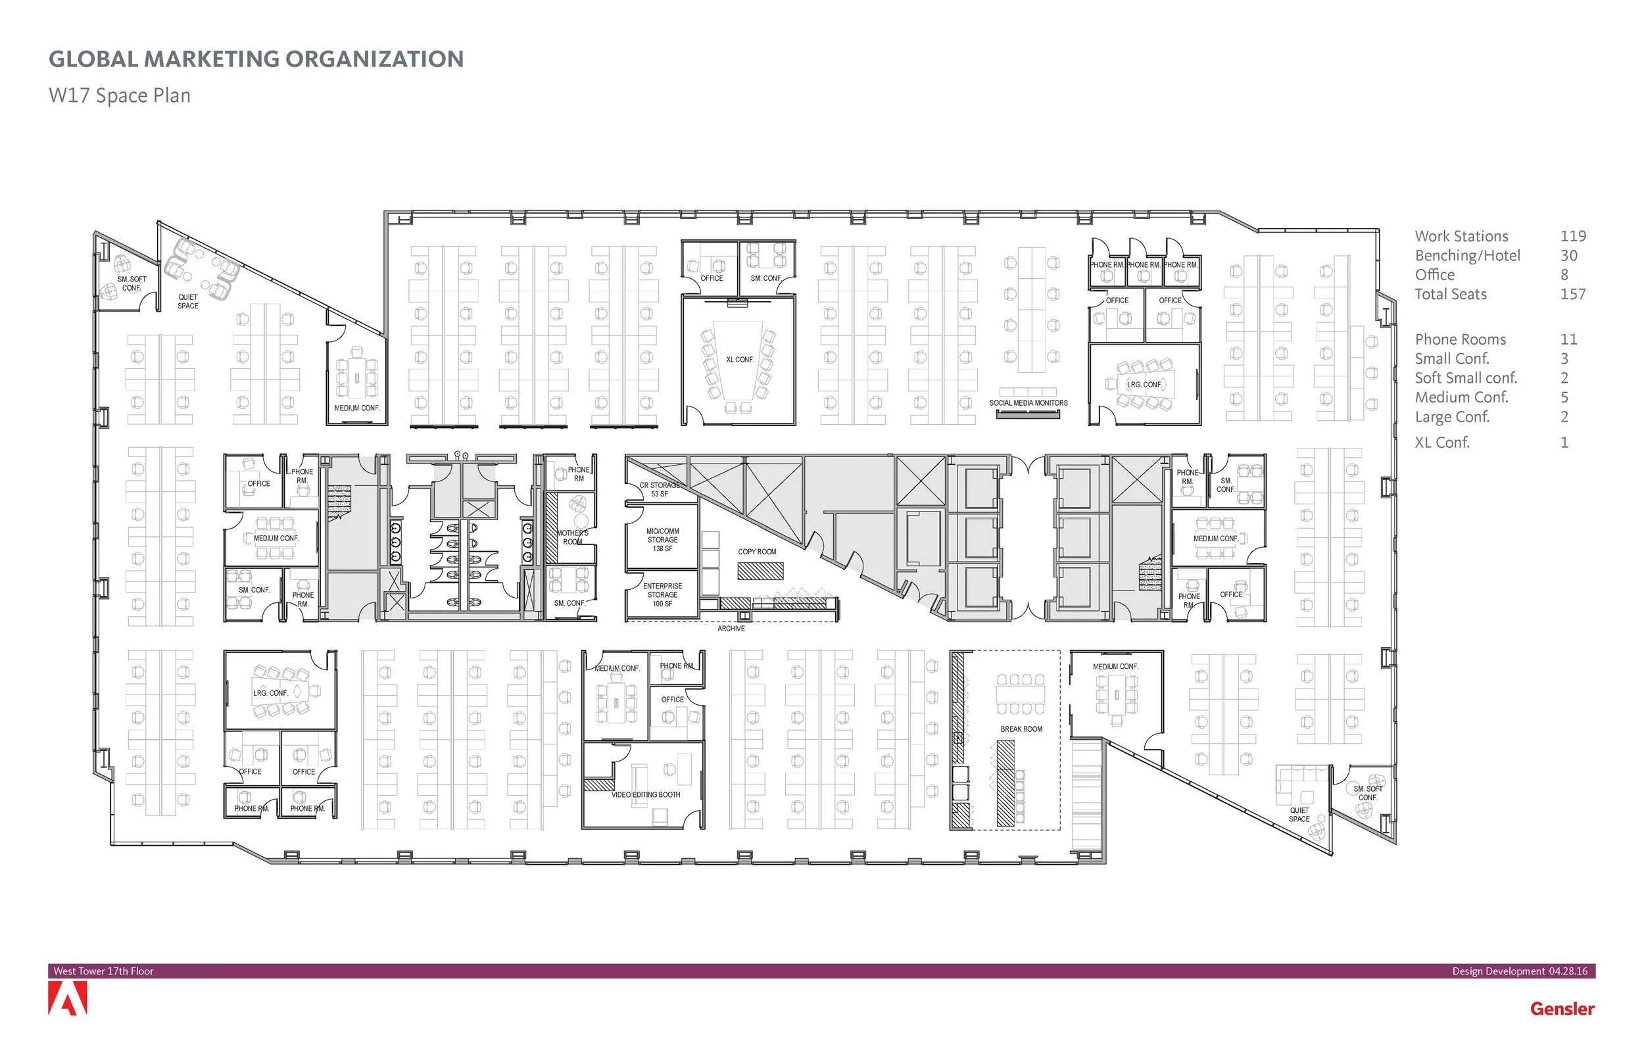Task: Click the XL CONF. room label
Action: coord(739,360)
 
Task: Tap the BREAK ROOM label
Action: coord(1021,729)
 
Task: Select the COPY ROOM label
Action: coord(756,551)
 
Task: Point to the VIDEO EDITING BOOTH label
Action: coord(645,794)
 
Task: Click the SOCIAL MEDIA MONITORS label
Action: coord(1028,403)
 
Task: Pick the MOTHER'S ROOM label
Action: coord(573,537)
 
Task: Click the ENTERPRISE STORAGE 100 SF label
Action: coord(662,595)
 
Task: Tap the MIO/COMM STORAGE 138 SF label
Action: coord(662,540)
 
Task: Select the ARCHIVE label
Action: coord(731,629)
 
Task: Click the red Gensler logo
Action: coord(1562,1009)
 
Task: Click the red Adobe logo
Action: coord(68,999)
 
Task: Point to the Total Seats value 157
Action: coord(1572,295)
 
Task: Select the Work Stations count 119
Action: coord(1572,236)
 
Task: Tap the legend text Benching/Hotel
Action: coord(1467,256)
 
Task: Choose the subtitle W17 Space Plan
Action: coord(120,95)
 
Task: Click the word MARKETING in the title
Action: coord(212,59)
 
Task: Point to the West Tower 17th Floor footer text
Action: coord(104,971)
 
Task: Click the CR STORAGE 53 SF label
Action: coord(659,489)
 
